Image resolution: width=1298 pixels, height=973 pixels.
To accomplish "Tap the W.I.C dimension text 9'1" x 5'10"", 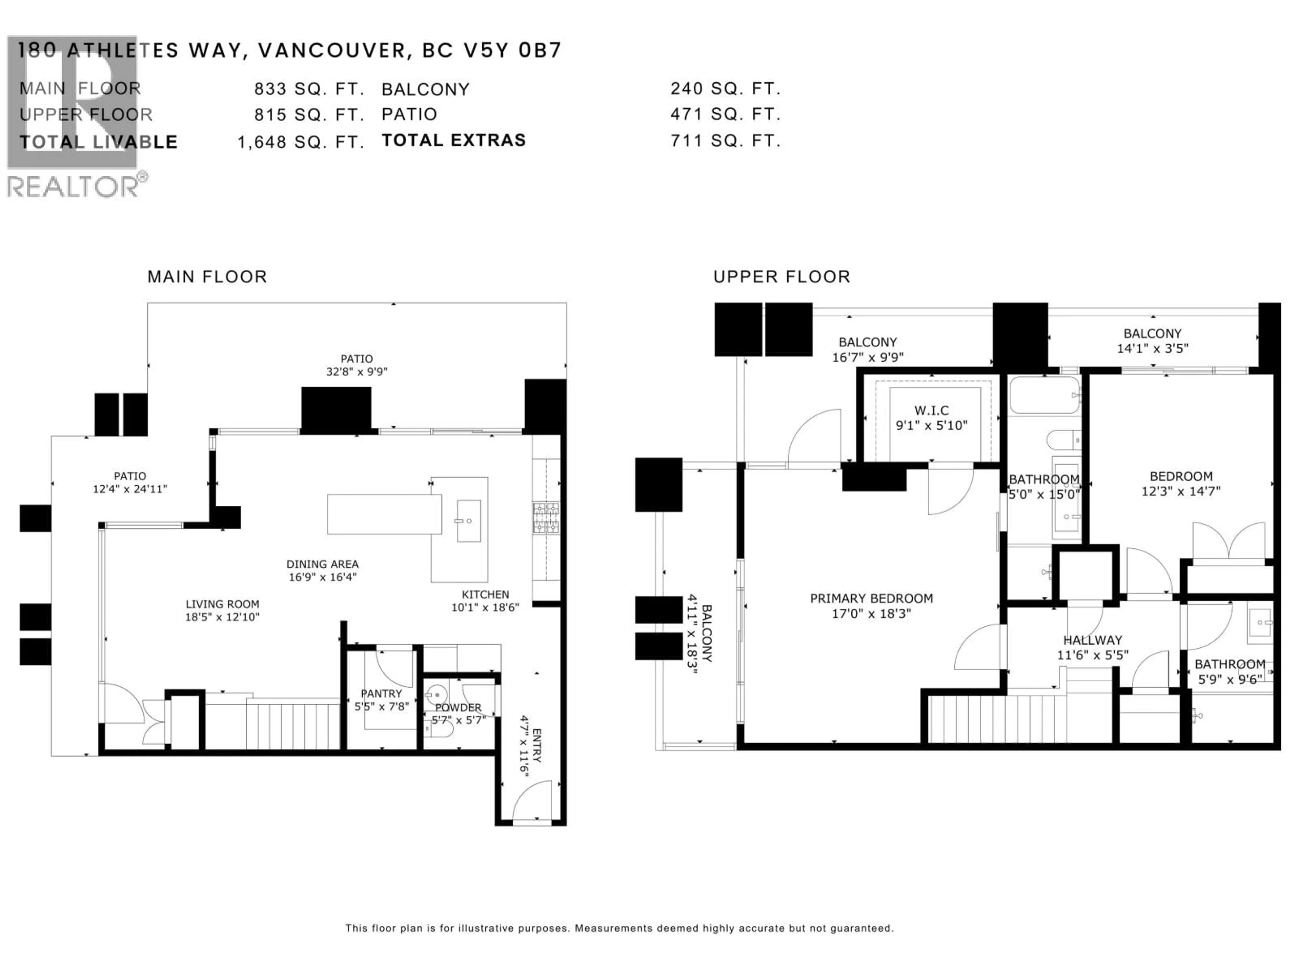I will coord(931,425).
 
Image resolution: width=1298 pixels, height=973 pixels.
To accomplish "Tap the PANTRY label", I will coord(381,693).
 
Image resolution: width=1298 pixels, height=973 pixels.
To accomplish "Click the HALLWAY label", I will coord(1092,640).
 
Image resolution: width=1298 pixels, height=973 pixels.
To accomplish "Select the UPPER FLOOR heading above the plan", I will coord(781,277).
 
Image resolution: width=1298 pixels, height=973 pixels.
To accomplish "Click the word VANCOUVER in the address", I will coord(332,51).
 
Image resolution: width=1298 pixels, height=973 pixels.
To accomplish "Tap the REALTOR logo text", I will coord(73,188).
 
